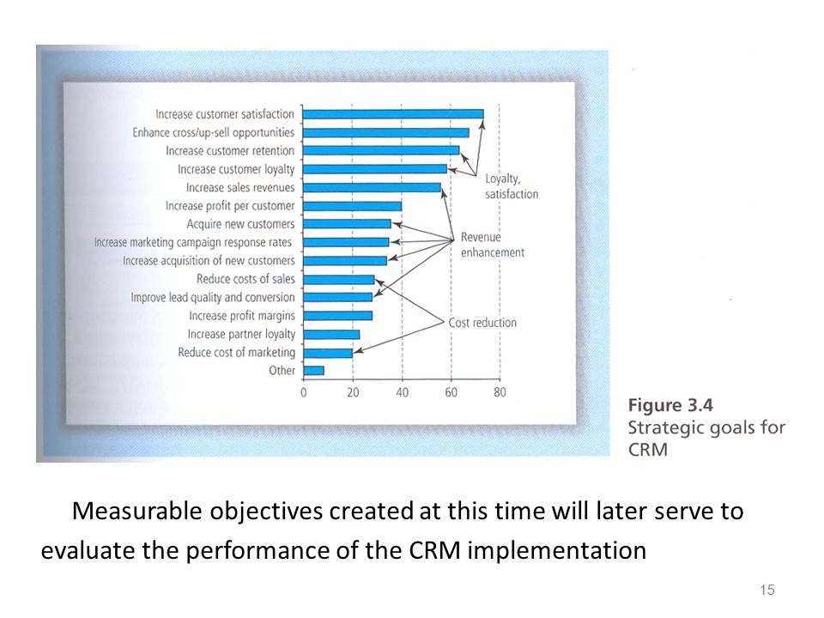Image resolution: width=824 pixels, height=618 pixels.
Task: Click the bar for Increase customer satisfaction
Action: tap(393, 114)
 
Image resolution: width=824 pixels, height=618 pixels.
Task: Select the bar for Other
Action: tap(314, 371)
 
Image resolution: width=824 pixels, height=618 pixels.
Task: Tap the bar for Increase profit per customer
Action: tap(353, 206)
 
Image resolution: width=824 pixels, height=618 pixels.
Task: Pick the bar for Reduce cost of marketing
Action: tap(328, 353)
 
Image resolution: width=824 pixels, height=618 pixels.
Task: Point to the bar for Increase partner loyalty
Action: tap(331, 334)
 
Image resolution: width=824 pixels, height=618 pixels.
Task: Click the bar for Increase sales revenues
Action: tap(372, 188)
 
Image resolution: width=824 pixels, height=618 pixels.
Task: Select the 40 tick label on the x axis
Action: tap(402, 392)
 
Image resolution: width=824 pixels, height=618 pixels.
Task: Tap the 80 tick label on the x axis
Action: tap(500, 392)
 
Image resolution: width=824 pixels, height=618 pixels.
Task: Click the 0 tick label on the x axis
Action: tap(303, 392)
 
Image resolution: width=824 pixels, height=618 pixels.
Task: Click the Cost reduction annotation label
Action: tap(482, 323)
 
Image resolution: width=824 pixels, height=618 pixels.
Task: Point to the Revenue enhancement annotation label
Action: tap(493, 245)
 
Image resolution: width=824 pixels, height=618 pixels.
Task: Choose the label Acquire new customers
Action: tap(240, 224)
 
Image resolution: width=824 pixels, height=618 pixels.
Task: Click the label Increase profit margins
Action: tap(242, 316)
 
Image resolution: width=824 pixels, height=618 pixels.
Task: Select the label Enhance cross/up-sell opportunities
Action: tap(214, 132)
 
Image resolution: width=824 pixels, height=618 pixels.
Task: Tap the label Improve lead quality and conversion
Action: tap(213, 298)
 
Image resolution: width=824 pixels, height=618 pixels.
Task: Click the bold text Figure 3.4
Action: tap(670, 405)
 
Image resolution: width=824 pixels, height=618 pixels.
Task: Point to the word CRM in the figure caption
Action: tap(648, 450)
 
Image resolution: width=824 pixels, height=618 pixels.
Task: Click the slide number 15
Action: tap(767, 590)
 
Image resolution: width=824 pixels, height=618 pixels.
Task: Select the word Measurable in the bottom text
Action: tap(136, 511)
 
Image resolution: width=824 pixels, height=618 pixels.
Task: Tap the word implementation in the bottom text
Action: tap(557, 551)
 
